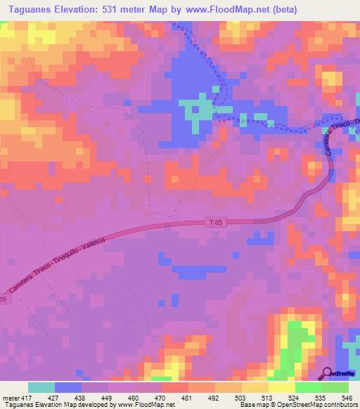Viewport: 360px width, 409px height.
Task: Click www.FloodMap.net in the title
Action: click(222, 10)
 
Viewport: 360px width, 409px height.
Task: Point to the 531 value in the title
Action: click(121, 10)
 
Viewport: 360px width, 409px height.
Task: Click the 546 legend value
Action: click(346, 397)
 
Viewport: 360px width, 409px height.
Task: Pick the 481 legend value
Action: click(186, 397)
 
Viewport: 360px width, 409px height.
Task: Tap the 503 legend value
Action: click(240, 397)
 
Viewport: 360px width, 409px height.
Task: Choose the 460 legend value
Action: click(134, 397)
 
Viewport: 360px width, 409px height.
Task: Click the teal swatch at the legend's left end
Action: click(41, 387)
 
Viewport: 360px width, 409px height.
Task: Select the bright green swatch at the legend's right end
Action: click(335, 387)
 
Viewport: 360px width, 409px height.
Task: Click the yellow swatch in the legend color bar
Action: click(255, 387)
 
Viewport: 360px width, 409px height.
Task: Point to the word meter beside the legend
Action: click(10, 397)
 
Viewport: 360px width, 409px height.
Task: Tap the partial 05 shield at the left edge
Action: click(4, 299)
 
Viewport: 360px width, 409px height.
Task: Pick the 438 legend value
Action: click(80, 397)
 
